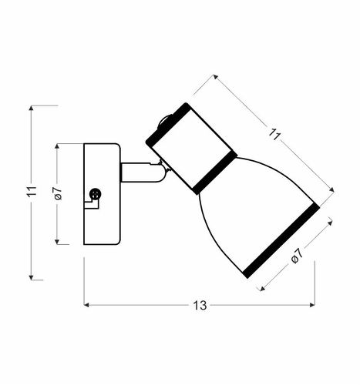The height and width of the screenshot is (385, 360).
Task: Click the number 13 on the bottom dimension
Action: pyautogui.click(x=200, y=306)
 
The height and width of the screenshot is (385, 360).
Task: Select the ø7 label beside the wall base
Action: pyautogui.click(x=58, y=193)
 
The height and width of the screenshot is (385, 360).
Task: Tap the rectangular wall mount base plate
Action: pyautogui.click(x=102, y=193)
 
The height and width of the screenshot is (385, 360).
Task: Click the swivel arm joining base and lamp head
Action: pyautogui.click(x=141, y=172)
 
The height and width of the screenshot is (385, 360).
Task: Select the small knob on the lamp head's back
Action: pyautogui.click(x=163, y=121)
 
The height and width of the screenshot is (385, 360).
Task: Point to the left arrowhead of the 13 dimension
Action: pyautogui.click(x=86, y=306)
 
